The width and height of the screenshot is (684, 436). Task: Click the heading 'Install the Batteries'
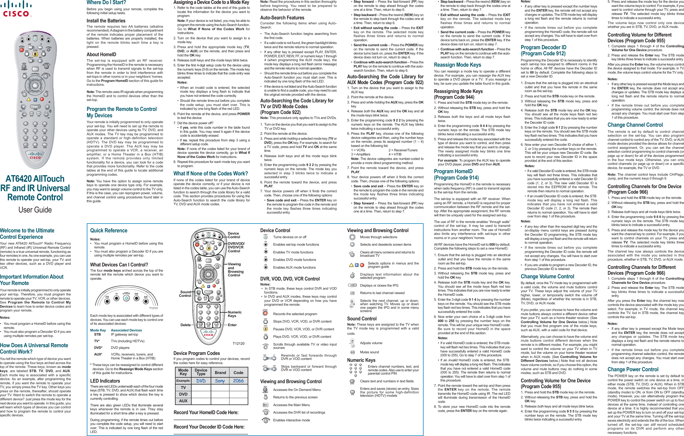106,21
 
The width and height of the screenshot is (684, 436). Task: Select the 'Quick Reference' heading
108,230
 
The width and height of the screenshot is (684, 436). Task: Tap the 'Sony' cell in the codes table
220,381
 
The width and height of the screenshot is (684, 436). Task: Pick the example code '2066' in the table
238,381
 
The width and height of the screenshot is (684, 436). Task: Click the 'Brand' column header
220,373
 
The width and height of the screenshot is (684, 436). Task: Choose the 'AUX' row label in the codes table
183,401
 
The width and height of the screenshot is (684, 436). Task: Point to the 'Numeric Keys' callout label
235,314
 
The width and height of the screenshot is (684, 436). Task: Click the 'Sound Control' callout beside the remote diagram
185,294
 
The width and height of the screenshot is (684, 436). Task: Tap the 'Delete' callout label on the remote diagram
186,325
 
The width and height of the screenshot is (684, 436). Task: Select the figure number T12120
238,343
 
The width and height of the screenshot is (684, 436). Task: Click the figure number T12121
153,308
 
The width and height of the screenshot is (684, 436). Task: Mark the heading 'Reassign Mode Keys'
457,65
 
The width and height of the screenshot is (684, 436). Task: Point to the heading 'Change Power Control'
633,369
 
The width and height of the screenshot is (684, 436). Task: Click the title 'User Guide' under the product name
35,210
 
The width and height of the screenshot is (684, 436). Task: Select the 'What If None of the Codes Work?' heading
210,173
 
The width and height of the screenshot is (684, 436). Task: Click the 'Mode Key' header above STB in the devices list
98,330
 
